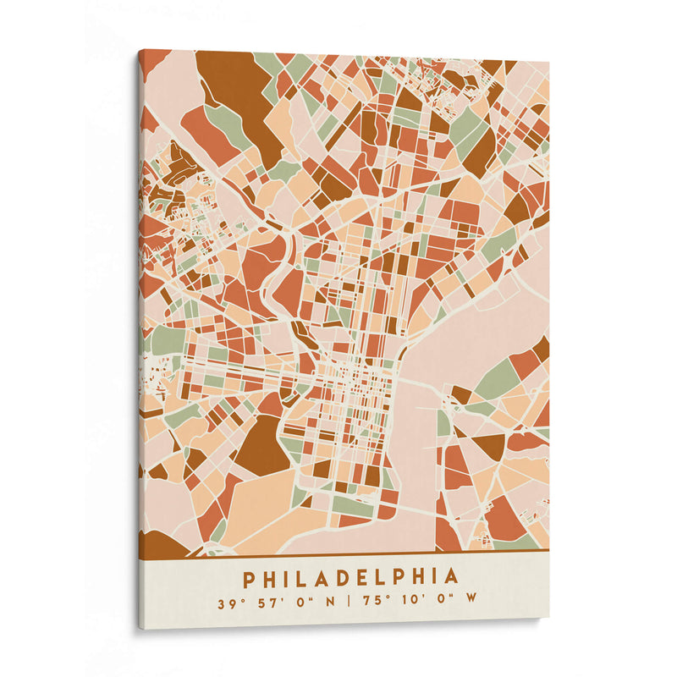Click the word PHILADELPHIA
(x=351, y=578)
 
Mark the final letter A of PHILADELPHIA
(x=452, y=578)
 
